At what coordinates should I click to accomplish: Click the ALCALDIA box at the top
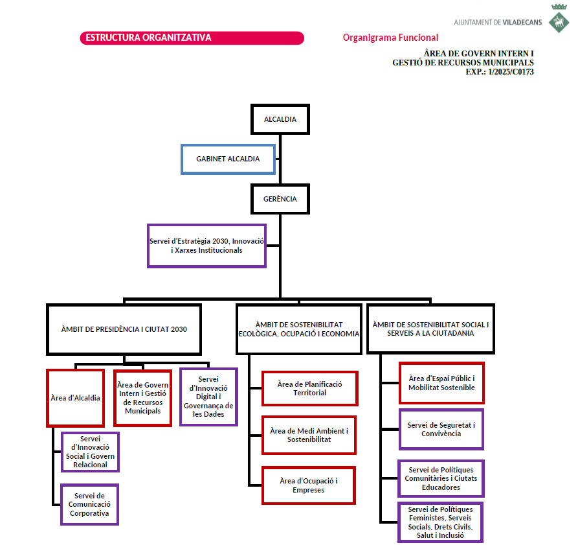pyautogui.click(x=280, y=119)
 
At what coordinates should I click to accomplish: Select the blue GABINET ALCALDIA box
pyautogui.click(x=228, y=159)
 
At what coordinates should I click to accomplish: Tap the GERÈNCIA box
pyautogui.click(x=280, y=199)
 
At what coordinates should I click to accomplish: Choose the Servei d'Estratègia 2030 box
pyautogui.click(x=206, y=246)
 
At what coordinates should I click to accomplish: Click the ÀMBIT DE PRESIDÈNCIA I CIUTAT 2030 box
pyautogui.click(x=124, y=329)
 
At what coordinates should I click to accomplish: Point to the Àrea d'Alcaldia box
pyautogui.click(x=76, y=398)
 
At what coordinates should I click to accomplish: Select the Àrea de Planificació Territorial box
pyautogui.click(x=309, y=388)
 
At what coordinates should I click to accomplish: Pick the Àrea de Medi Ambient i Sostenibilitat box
pyautogui.click(x=309, y=435)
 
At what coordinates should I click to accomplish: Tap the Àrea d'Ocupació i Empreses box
pyautogui.click(x=309, y=485)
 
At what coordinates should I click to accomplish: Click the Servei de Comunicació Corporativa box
pyautogui.click(x=90, y=504)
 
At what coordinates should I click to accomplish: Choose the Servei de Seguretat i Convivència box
pyautogui.click(x=441, y=429)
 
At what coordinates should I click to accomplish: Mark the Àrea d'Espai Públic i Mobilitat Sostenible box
pyautogui.click(x=441, y=383)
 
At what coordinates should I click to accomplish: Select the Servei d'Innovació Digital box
pyautogui.click(x=208, y=397)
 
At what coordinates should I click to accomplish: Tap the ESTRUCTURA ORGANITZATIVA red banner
pyautogui.click(x=192, y=38)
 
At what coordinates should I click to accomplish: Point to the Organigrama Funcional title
pyautogui.click(x=390, y=38)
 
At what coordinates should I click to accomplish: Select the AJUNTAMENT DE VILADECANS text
pyautogui.click(x=498, y=22)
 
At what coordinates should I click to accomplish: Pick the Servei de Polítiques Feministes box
pyautogui.click(x=441, y=522)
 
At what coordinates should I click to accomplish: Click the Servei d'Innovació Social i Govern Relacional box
pyautogui.click(x=91, y=452)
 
